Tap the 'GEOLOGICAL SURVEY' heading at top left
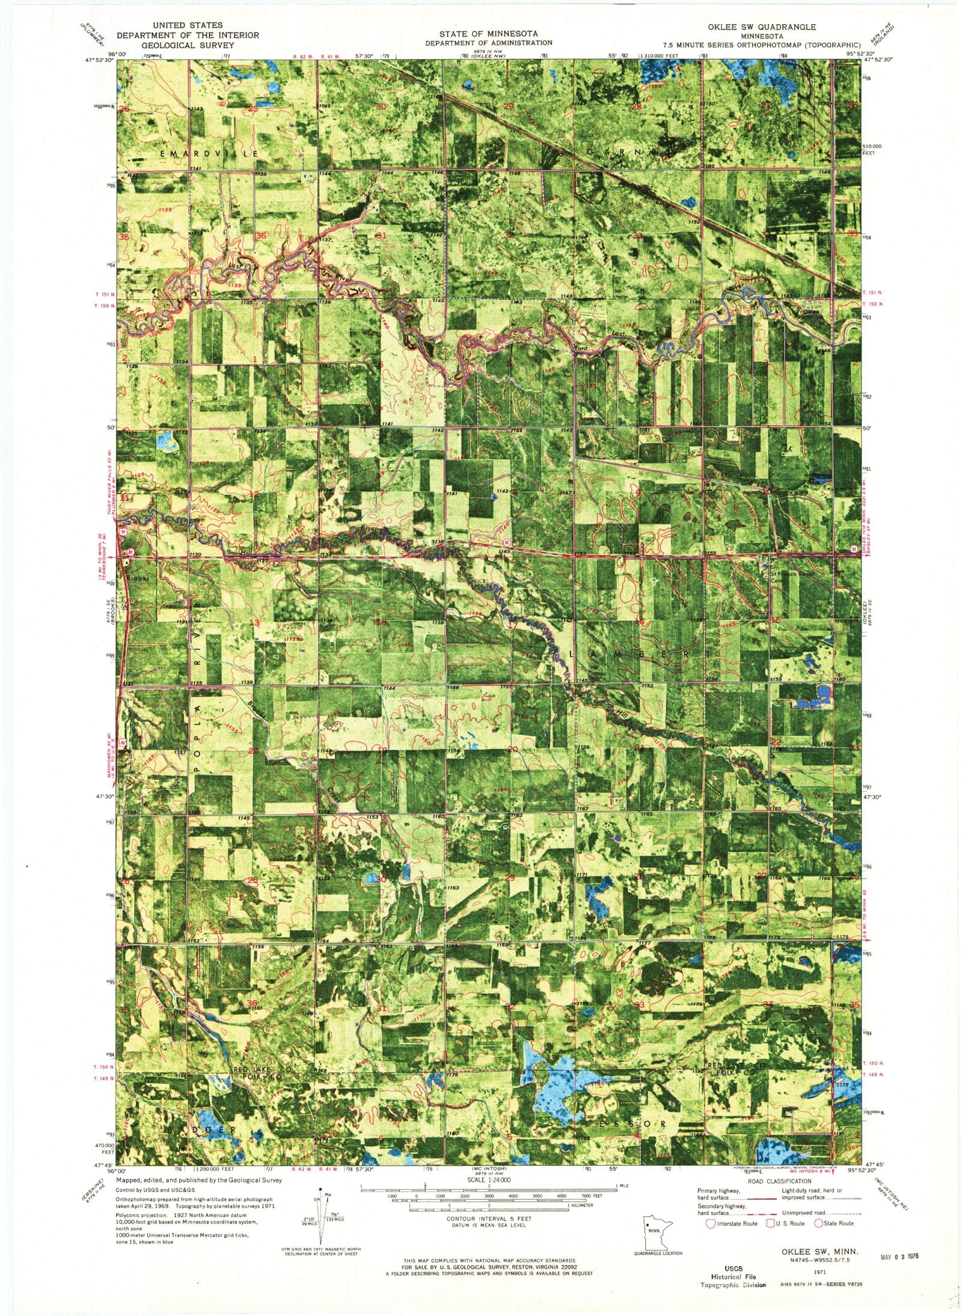(187, 44)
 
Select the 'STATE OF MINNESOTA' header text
(488, 34)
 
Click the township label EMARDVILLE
(209, 154)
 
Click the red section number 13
(256, 623)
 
